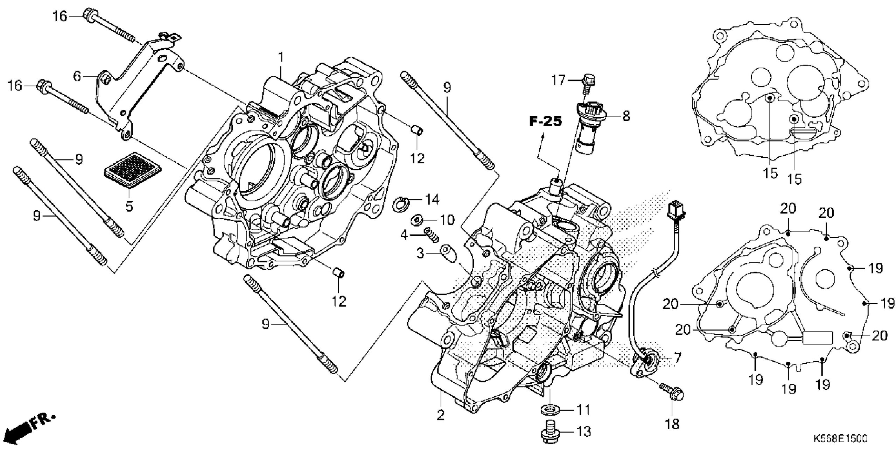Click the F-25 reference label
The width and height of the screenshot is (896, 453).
coord(545,121)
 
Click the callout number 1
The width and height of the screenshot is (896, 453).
coord(280,57)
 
